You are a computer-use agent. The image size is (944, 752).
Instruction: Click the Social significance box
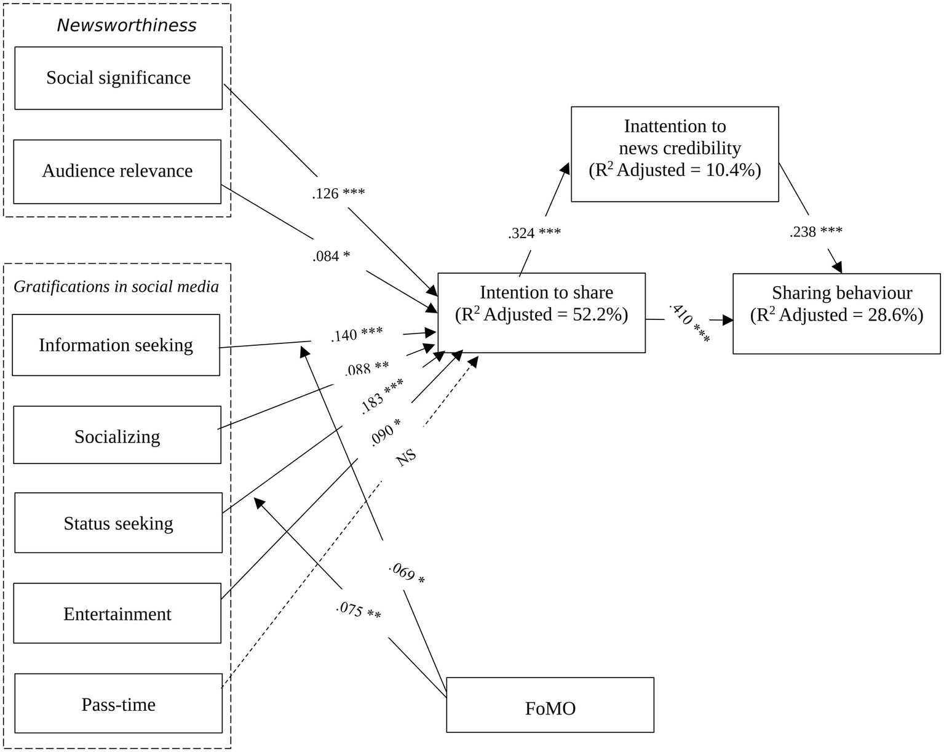118,78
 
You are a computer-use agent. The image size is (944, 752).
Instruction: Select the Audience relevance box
117,171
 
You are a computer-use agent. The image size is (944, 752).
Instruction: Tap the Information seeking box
116,345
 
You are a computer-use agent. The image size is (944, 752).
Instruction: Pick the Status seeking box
118,523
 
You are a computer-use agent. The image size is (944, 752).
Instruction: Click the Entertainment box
117,614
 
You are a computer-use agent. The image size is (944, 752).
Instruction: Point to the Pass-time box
118,704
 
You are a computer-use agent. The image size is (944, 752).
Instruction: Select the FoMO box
550,708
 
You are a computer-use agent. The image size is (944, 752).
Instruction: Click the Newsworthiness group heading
126,25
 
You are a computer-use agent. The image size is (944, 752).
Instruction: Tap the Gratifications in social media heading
116,286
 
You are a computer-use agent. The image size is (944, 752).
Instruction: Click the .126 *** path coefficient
338,193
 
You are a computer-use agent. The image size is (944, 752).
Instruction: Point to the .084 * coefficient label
331,256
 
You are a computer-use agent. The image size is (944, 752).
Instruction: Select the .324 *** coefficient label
534,233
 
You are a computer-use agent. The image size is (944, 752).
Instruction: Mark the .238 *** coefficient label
815,232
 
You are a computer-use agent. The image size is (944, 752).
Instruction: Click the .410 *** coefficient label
689,322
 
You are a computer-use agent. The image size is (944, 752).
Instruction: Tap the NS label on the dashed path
405,457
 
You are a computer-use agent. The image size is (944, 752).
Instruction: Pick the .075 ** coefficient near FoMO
359,610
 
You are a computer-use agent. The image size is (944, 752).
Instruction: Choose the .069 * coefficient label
407,573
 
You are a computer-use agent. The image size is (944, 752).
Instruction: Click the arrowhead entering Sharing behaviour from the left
728,320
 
